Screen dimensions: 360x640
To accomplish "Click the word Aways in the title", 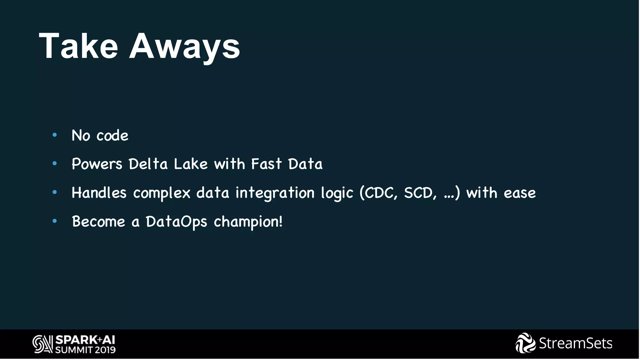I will click(x=184, y=47).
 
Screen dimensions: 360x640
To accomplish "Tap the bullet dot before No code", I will click(x=55, y=135).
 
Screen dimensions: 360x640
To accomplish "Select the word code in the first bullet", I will click(x=112, y=136).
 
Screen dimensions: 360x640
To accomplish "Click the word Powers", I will click(x=97, y=164).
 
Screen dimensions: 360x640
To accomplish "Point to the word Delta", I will click(x=148, y=164).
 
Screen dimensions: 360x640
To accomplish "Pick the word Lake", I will click(x=191, y=164).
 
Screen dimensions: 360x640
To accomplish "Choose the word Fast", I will click(x=266, y=164).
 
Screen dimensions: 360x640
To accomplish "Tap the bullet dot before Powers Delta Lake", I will click(x=55, y=163).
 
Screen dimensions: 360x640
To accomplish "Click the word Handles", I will click(x=99, y=192).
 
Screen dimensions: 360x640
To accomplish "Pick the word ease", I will click(x=520, y=193).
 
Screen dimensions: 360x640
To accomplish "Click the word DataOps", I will click(x=176, y=222).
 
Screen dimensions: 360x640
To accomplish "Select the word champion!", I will click(x=248, y=222).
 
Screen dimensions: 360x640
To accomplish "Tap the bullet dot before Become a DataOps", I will click(x=55, y=221).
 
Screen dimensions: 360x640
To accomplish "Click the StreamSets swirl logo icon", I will click(x=525, y=343).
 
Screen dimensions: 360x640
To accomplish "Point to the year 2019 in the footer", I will click(x=105, y=350).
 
